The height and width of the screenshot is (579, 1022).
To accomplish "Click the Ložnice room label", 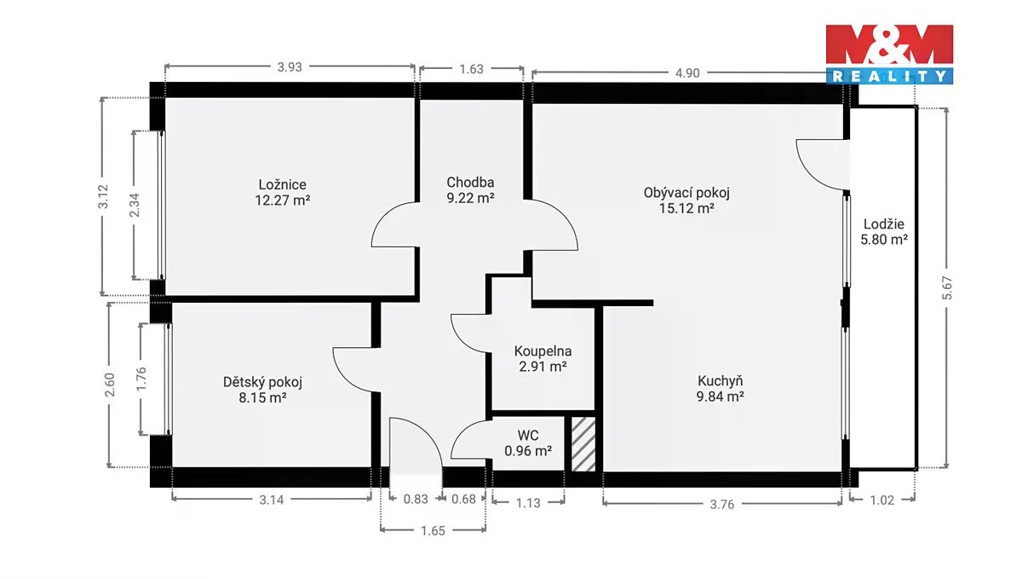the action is [x=283, y=185].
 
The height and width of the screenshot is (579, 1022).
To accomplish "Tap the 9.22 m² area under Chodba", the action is [x=470, y=199].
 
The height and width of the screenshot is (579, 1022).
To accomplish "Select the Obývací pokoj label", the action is [x=686, y=193].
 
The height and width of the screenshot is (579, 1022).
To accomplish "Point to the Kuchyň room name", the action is [x=721, y=380].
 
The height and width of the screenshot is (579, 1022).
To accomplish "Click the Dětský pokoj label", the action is [x=262, y=382].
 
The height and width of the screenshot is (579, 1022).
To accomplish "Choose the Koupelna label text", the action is [x=543, y=351].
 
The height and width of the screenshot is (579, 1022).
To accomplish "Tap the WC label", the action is [x=528, y=435].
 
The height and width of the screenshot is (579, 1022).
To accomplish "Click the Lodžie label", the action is [x=884, y=224].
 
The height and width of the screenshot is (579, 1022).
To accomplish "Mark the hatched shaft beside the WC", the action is [x=583, y=444].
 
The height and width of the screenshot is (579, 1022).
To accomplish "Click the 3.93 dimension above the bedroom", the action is [x=290, y=67].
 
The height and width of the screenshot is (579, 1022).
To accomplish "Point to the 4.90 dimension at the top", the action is [x=687, y=73].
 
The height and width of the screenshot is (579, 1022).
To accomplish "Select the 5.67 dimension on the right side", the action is [x=947, y=288].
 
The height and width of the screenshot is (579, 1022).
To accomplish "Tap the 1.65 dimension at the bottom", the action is [x=433, y=530].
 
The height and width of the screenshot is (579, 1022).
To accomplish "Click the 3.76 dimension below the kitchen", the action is [x=722, y=505].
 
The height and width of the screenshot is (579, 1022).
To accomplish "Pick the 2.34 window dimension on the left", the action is [x=135, y=206].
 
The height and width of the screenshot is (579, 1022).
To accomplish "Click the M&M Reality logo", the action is [x=889, y=55].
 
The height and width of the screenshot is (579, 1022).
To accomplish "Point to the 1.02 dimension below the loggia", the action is [x=882, y=501].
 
